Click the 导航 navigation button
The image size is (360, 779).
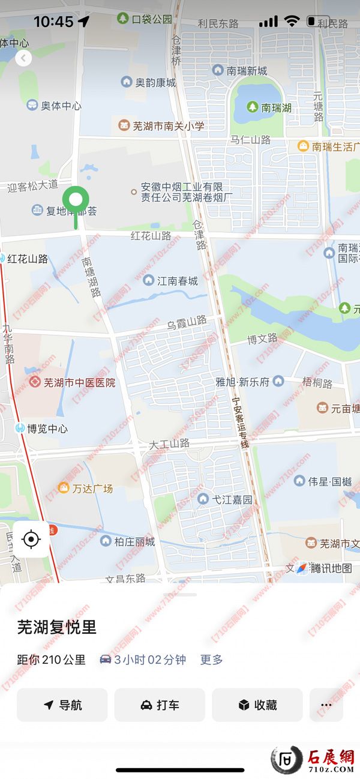tap(62, 705)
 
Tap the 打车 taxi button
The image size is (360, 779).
tap(160, 705)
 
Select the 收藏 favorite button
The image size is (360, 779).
tap(257, 705)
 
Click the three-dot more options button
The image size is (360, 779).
tap(326, 705)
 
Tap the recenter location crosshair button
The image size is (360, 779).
tap(31, 540)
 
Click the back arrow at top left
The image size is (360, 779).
tap(23, 58)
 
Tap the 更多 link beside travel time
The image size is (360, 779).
tap(211, 660)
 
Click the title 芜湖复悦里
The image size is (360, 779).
tap(57, 628)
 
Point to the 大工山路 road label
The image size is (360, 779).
tap(169, 444)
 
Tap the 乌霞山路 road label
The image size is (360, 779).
tap(187, 323)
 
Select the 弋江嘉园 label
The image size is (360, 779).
tap(226, 499)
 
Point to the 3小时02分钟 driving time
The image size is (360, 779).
tap(149, 660)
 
